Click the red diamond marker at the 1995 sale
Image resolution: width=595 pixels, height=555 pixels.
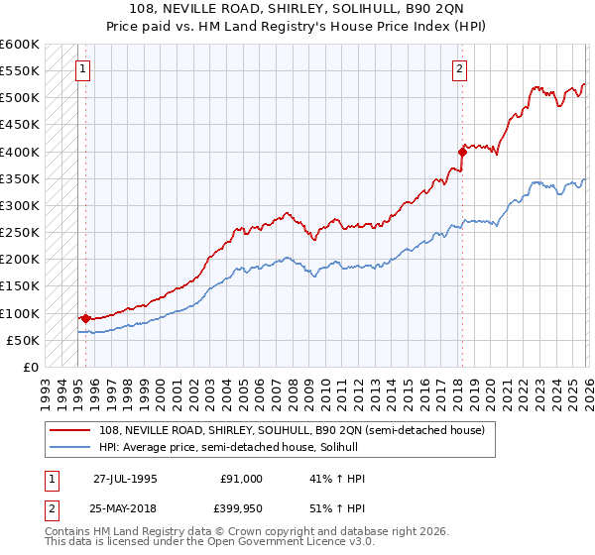click(x=86, y=318)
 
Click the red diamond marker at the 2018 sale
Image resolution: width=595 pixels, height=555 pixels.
click(x=462, y=152)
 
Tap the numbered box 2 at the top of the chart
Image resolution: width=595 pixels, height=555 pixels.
click(x=461, y=69)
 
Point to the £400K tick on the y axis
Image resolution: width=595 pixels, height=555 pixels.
click(x=21, y=152)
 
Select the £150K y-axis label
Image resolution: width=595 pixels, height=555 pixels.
click(x=21, y=286)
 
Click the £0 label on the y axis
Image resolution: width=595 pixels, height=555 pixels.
click(x=30, y=367)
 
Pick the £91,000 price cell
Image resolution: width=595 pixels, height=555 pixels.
click(x=241, y=479)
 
